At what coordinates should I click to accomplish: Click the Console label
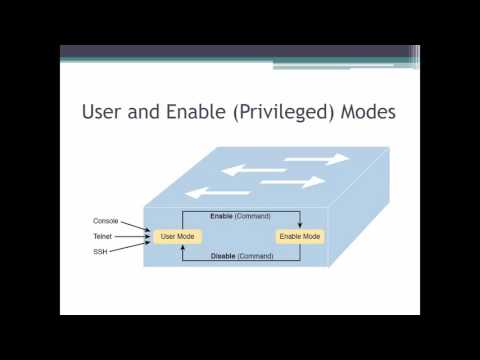pyautogui.click(x=106, y=220)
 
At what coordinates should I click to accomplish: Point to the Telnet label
pyautogui.click(x=104, y=236)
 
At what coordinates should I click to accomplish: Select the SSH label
pyautogui.click(x=101, y=252)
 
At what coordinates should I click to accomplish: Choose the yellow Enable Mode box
pyautogui.click(x=299, y=236)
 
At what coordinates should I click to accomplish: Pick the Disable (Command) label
pyautogui.click(x=239, y=256)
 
